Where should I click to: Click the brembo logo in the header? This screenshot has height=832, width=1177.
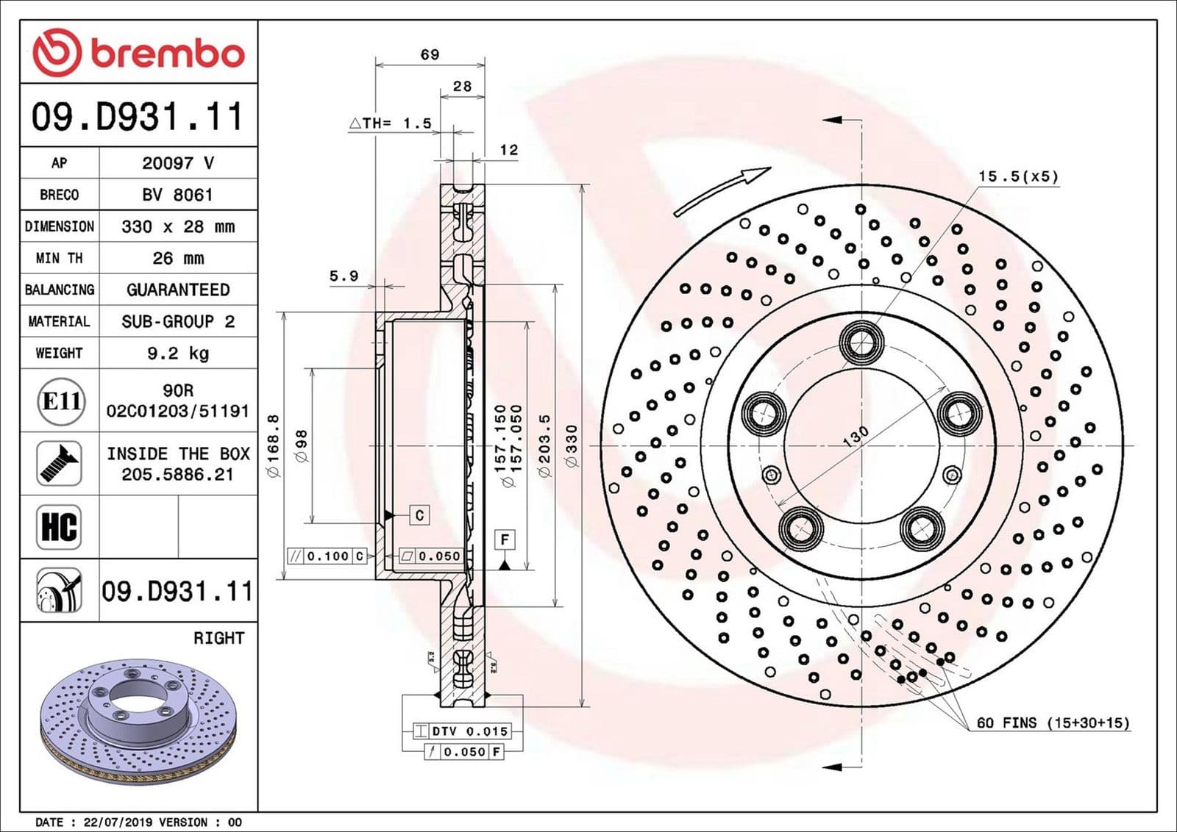(x=138, y=52)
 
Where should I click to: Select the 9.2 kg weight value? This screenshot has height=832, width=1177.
(x=178, y=354)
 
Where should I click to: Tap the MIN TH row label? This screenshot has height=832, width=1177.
(x=59, y=258)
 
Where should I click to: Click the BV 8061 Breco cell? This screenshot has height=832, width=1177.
(x=178, y=195)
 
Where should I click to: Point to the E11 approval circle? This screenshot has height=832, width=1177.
(x=60, y=401)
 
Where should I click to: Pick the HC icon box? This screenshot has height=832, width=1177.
(x=59, y=526)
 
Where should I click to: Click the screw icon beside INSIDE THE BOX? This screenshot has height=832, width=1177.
(x=59, y=463)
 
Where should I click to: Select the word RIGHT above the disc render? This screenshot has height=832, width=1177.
(x=218, y=638)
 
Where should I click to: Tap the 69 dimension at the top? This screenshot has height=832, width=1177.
(x=430, y=54)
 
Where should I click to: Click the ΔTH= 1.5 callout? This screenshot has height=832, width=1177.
(x=391, y=123)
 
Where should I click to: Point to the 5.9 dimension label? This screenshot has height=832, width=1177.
(x=344, y=276)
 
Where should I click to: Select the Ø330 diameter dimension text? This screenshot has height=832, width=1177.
(x=572, y=445)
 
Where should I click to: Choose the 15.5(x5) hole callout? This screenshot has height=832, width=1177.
(x=1017, y=176)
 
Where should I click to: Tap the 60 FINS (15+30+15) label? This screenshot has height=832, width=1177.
(x=1053, y=723)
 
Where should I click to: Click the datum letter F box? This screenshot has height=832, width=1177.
(x=505, y=540)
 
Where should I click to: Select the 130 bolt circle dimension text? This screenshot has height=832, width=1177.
(x=856, y=436)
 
